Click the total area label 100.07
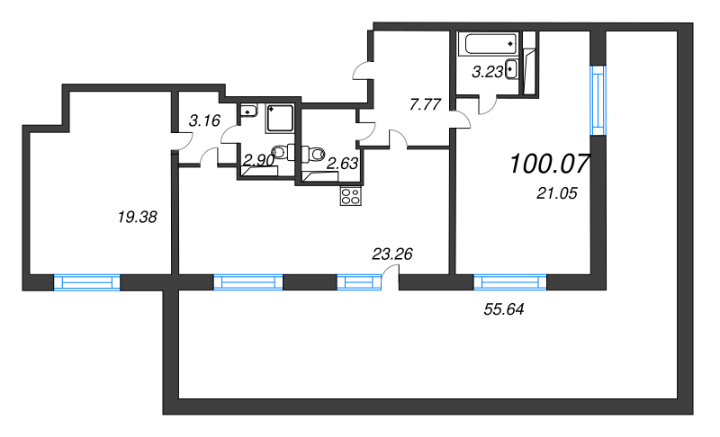click(x=550, y=164)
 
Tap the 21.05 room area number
click(x=556, y=193)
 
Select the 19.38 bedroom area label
click(x=138, y=217)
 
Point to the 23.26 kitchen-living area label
click(x=392, y=254)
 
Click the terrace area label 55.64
click(x=504, y=309)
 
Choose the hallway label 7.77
click(x=425, y=104)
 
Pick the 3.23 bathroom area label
click(x=488, y=72)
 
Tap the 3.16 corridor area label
click(x=205, y=120)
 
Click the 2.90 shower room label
click(x=258, y=160)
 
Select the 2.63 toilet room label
click(x=342, y=163)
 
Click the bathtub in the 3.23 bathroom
click(x=490, y=44)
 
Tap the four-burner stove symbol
click(x=351, y=196)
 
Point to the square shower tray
click(x=280, y=119)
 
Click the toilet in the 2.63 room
click(x=313, y=154)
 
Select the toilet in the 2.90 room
click(x=283, y=152)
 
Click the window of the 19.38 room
click(x=87, y=282)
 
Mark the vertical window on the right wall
click(x=598, y=101)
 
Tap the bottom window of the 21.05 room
click(x=510, y=282)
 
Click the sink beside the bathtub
click(x=511, y=70)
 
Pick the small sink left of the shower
click(x=248, y=111)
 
